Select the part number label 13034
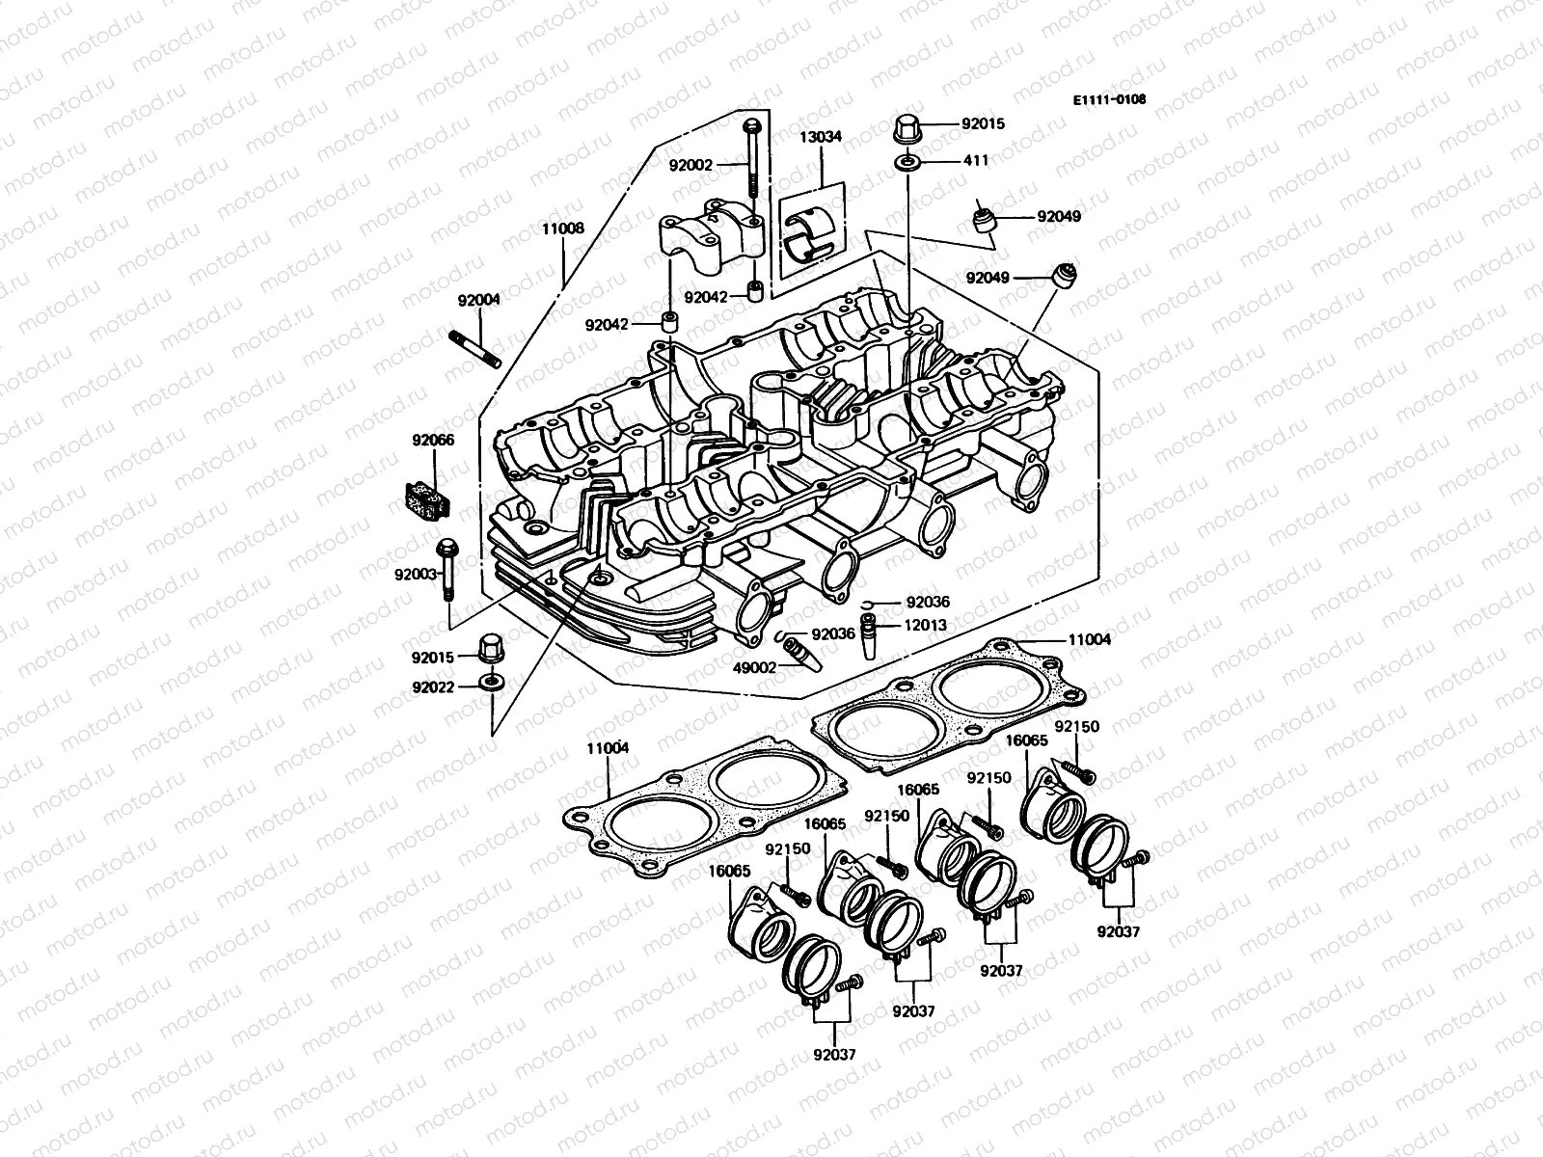pyautogui.click(x=820, y=137)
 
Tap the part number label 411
pyautogui.click(x=976, y=160)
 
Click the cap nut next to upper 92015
pyautogui.click(x=907, y=125)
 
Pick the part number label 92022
pyautogui.click(x=433, y=687)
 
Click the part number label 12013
pyautogui.click(x=925, y=625)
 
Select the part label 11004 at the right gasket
pyautogui.click(x=1089, y=638)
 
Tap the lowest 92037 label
pyautogui.click(x=833, y=1054)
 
